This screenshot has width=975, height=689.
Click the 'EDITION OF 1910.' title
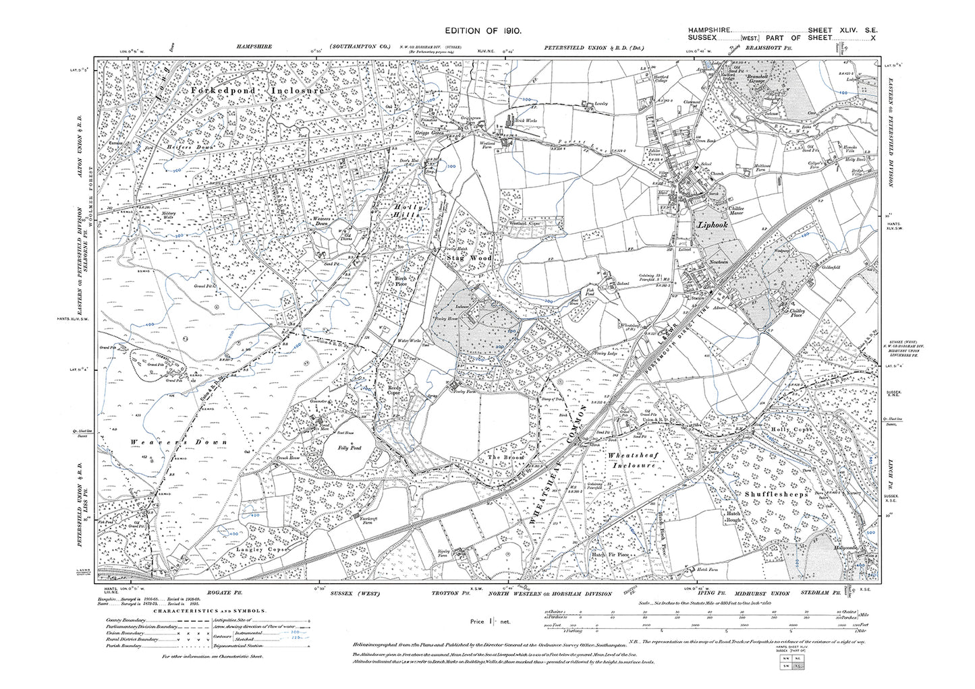(486, 32)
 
